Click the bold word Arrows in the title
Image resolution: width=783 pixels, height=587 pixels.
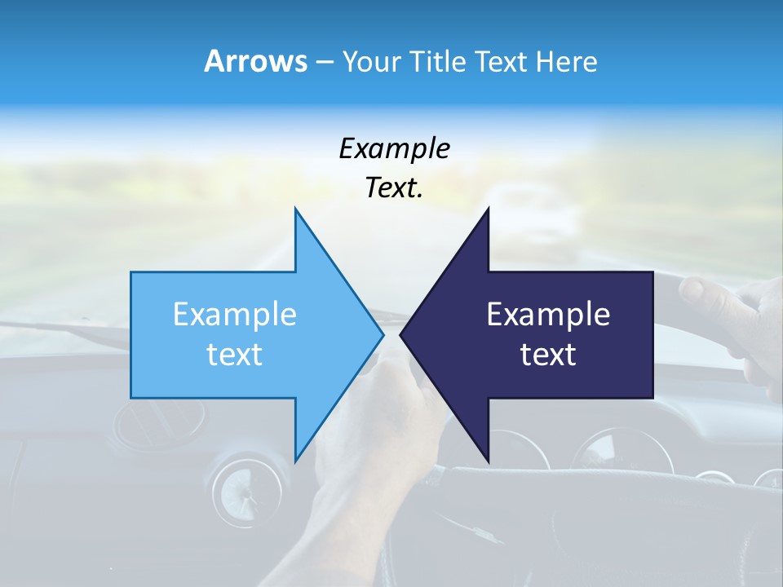(254, 61)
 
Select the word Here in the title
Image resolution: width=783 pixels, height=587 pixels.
(566, 61)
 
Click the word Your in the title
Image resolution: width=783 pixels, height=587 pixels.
(371, 61)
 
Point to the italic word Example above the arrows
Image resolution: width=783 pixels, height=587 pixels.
(394, 149)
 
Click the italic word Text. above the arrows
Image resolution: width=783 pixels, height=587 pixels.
(394, 188)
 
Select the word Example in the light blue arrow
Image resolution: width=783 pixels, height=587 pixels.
(235, 315)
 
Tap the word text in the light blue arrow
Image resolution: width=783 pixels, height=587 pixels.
(235, 355)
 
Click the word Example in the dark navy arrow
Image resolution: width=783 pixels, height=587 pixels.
(548, 315)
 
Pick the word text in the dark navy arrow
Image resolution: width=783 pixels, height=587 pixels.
(548, 355)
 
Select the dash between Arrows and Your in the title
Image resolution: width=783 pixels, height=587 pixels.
(324, 62)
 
